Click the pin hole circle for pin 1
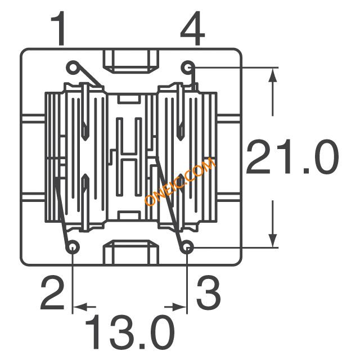point(73,67)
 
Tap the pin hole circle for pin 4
point(188,67)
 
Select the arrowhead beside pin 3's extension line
point(179,307)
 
